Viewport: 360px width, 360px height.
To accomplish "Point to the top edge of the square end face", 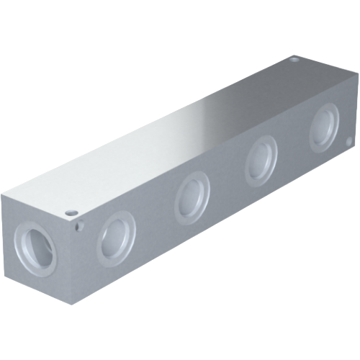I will pyautogui.click(x=40, y=204).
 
